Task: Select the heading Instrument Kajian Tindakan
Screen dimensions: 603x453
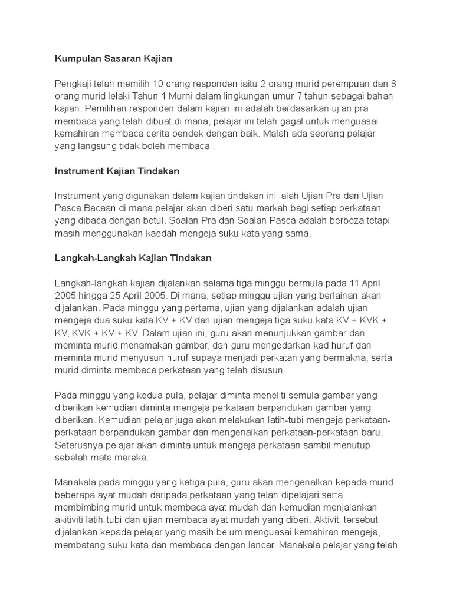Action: [x=117, y=171]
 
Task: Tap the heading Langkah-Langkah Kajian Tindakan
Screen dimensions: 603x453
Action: [x=133, y=258]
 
